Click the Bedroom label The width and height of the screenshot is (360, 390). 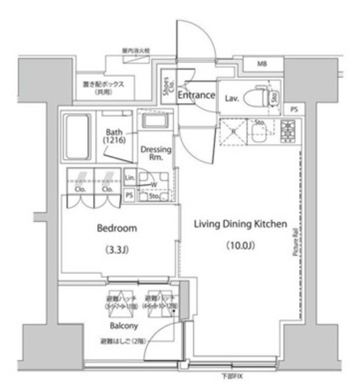tap(117, 229)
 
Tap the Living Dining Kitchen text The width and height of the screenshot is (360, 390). tap(239, 224)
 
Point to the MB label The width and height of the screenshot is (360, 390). tap(261, 64)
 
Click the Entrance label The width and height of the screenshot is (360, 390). tap(196, 95)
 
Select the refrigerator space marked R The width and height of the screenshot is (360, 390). tap(233, 131)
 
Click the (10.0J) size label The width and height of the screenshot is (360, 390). tap(239, 246)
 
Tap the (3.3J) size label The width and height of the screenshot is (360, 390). tap(117, 249)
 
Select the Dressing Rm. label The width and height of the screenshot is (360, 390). tap(156, 154)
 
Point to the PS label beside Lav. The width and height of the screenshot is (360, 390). tap(294, 110)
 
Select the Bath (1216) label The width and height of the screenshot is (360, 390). tap(114, 136)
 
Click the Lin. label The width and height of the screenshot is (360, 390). tap(129, 177)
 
